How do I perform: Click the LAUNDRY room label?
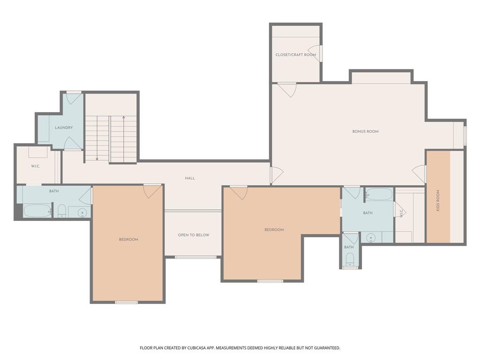[x=64, y=127]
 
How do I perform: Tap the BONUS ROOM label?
[x=365, y=132]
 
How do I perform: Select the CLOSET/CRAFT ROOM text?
[x=295, y=55]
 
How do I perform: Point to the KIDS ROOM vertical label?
[x=438, y=200]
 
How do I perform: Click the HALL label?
[x=190, y=178]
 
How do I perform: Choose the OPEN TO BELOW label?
[x=193, y=235]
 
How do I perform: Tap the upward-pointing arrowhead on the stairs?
[x=123, y=118]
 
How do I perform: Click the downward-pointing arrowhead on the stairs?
[x=97, y=159]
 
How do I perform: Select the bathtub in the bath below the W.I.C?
[x=37, y=211]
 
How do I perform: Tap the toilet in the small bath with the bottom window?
[x=349, y=259]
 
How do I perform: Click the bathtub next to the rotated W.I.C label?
[x=379, y=194]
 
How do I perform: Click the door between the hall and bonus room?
[x=276, y=175]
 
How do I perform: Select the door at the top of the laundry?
[x=73, y=98]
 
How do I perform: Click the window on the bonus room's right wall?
[x=465, y=135]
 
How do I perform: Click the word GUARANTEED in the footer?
[x=323, y=348]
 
